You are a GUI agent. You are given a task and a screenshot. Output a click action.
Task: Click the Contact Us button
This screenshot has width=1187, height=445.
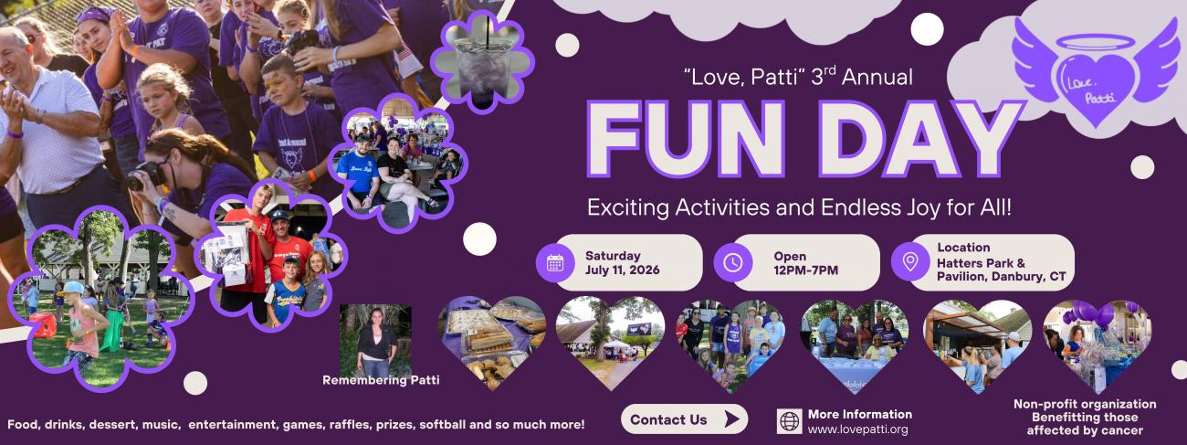(x=684, y=419)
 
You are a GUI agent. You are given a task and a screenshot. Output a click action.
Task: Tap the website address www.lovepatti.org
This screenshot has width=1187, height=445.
(x=857, y=429)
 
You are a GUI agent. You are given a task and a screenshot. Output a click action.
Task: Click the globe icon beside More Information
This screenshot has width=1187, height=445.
(x=790, y=421)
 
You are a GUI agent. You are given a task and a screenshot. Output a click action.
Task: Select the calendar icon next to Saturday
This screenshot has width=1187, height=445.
(x=555, y=262)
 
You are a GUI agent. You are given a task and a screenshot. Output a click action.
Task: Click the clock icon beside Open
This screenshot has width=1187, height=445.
(x=733, y=262)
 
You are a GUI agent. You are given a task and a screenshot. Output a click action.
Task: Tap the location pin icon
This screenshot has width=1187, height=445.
(x=910, y=261)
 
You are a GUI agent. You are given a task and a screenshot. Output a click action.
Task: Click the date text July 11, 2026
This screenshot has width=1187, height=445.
(x=622, y=270)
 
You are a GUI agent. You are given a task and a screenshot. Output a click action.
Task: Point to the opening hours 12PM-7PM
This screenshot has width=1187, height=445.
(x=805, y=270)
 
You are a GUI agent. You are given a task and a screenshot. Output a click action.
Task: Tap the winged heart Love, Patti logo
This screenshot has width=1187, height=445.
(x=1096, y=71)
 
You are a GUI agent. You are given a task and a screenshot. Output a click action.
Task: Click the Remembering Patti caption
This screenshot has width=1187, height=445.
(x=381, y=380)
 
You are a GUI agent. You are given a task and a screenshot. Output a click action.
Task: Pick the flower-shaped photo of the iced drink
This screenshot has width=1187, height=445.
(x=483, y=62)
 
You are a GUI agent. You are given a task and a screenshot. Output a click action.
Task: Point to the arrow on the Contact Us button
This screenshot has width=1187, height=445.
(x=731, y=419)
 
